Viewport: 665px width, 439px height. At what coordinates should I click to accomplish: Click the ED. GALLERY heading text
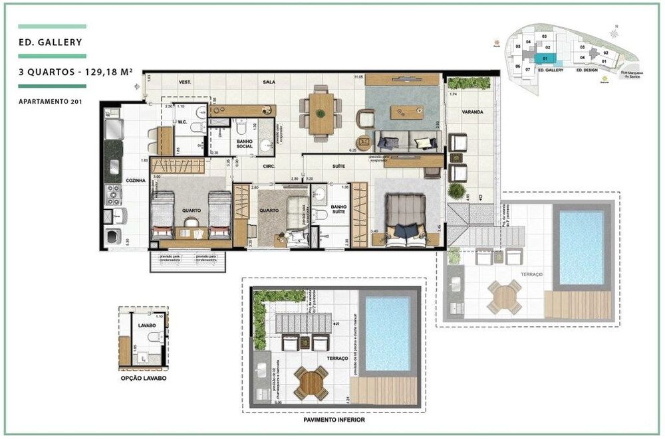51,43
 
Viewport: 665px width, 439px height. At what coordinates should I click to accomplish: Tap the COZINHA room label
134,181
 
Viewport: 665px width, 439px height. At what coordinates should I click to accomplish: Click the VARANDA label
474,112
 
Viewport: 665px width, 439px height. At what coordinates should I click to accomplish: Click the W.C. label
182,122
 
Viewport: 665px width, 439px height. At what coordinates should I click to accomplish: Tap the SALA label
269,82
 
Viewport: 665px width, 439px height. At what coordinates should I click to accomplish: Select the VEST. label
186,82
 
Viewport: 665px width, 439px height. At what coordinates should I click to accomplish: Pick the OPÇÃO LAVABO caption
144,378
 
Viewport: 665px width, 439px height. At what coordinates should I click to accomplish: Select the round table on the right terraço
505,297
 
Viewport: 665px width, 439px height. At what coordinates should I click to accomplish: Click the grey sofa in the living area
406,139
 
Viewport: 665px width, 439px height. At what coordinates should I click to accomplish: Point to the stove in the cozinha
114,195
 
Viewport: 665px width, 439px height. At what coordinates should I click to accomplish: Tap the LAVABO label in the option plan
147,327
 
